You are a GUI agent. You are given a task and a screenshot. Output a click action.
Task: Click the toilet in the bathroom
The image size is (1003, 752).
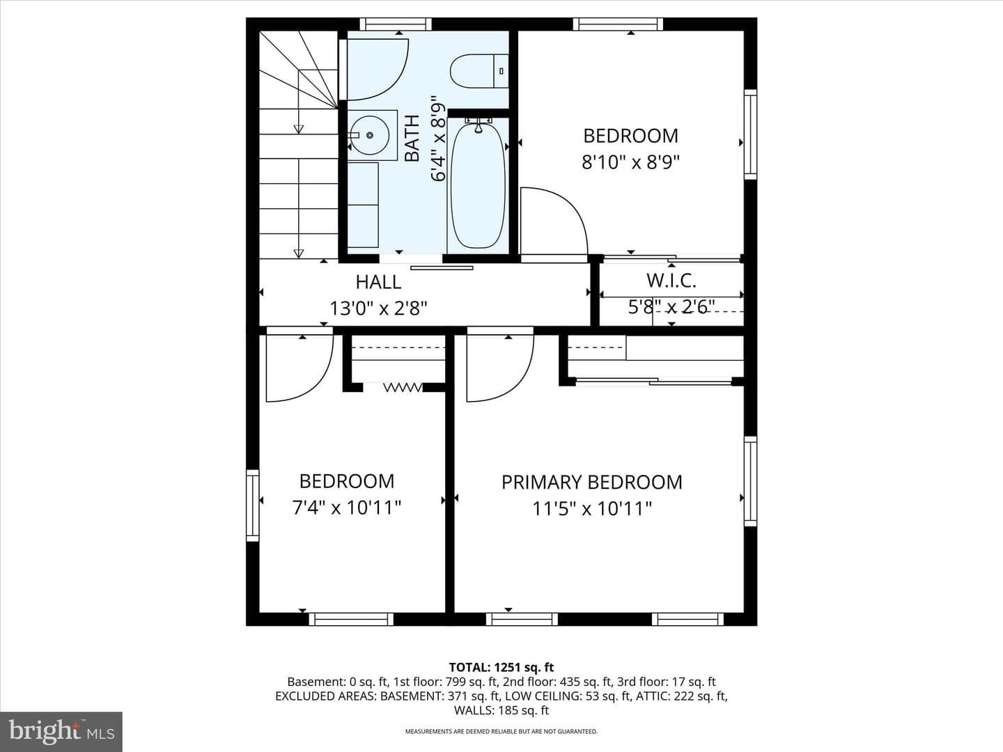[479, 71]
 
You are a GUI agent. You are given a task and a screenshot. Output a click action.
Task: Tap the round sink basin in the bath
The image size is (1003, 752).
[369, 135]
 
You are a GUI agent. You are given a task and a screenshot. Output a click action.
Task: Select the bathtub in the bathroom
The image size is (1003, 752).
[478, 185]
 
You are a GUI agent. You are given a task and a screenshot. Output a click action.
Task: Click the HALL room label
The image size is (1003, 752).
[378, 282]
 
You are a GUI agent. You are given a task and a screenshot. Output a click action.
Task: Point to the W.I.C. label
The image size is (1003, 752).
[671, 281]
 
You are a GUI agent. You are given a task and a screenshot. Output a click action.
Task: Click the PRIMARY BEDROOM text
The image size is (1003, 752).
[592, 482]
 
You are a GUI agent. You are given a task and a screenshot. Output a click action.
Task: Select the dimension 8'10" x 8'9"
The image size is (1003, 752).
[630, 162]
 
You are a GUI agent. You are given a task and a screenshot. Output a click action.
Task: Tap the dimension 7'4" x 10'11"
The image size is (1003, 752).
[346, 508]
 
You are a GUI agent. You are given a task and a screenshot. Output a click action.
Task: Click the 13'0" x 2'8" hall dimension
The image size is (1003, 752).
[378, 308]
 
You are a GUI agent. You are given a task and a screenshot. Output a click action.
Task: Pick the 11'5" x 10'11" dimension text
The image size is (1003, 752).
[592, 508]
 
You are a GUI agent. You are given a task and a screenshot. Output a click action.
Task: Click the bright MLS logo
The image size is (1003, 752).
[61, 731]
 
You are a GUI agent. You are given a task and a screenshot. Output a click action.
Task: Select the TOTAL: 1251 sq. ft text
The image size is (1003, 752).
[501, 668]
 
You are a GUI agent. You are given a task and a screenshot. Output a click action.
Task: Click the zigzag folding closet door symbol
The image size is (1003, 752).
[403, 388]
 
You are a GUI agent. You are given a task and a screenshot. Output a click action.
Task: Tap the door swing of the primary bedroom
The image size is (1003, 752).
[500, 368]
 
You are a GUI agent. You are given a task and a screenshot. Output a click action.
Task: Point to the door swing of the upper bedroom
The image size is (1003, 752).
[554, 221]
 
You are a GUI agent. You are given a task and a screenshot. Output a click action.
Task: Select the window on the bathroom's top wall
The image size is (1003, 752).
[395, 24]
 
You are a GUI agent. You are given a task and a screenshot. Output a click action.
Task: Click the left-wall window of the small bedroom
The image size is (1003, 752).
[253, 506]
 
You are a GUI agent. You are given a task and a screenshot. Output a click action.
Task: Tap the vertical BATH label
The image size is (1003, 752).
[412, 139]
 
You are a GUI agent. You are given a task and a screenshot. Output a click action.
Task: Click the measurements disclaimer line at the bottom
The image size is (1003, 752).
[501, 731]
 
